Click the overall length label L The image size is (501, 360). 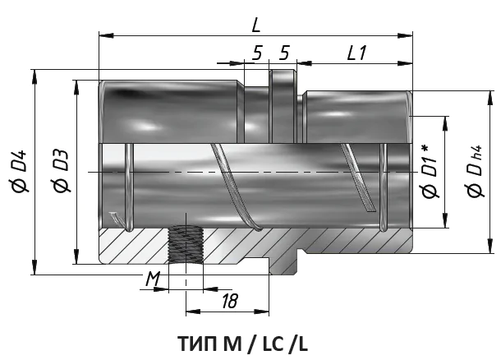(256, 25)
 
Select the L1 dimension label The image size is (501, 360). (356, 53)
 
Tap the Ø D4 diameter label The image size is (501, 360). (21, 171)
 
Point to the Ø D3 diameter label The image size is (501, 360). (62, 171)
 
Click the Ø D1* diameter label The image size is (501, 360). (430, 171)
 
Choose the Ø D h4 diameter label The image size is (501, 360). (476, 171)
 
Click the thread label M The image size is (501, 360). (153, 279)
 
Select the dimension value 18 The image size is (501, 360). (230, 301)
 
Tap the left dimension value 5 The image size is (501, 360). (257, 53)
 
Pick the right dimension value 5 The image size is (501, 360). (284, 53)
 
